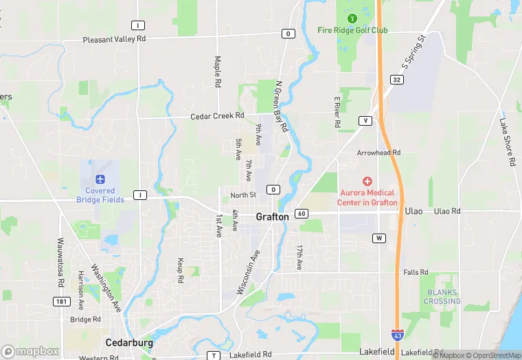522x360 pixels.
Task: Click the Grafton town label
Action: pos(272,216)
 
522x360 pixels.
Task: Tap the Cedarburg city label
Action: pos(128,341)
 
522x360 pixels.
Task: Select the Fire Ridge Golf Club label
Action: pos(352,30)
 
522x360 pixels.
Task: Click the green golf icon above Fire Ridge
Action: pos(352,18)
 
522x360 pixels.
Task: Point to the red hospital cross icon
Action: pos(367,181)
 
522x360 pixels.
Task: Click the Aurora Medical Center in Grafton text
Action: pos(367,198)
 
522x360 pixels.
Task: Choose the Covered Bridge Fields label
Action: pos(104,195)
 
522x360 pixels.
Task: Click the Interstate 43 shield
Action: pos(398,335)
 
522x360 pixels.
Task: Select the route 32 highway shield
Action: pos(397,80)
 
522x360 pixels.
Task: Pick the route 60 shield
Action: pos(302,214)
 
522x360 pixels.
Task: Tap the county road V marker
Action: pos(365,121)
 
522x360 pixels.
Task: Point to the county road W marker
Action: pos(379,238)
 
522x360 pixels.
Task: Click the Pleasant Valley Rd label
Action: pos(115,40)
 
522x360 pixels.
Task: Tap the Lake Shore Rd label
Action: pos(508,142)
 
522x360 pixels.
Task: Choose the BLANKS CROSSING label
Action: pos(442,297)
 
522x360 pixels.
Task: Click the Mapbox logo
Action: pos(30,351)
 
